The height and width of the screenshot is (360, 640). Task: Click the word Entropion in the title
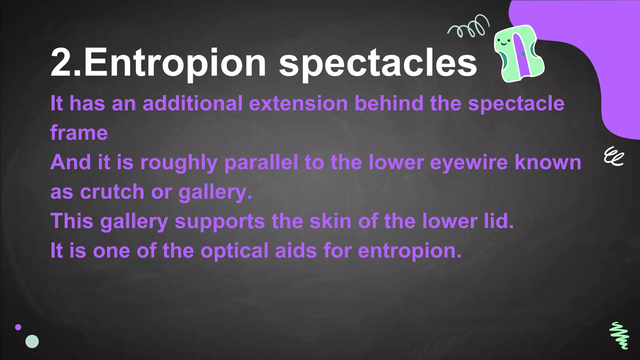point(175,63)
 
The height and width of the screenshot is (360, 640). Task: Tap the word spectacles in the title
point(378,63)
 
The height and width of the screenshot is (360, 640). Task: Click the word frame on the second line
point(79,133)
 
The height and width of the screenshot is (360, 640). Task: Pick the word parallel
point(261,162)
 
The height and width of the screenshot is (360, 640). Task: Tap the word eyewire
point(469,162)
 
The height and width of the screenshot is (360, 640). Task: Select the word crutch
point(112,192)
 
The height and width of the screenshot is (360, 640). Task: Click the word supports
point(220,221)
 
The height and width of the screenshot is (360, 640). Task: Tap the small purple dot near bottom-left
point(18,327)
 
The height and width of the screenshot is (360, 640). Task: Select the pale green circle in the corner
point(32,342)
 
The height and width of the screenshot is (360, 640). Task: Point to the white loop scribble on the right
point(613,157)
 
